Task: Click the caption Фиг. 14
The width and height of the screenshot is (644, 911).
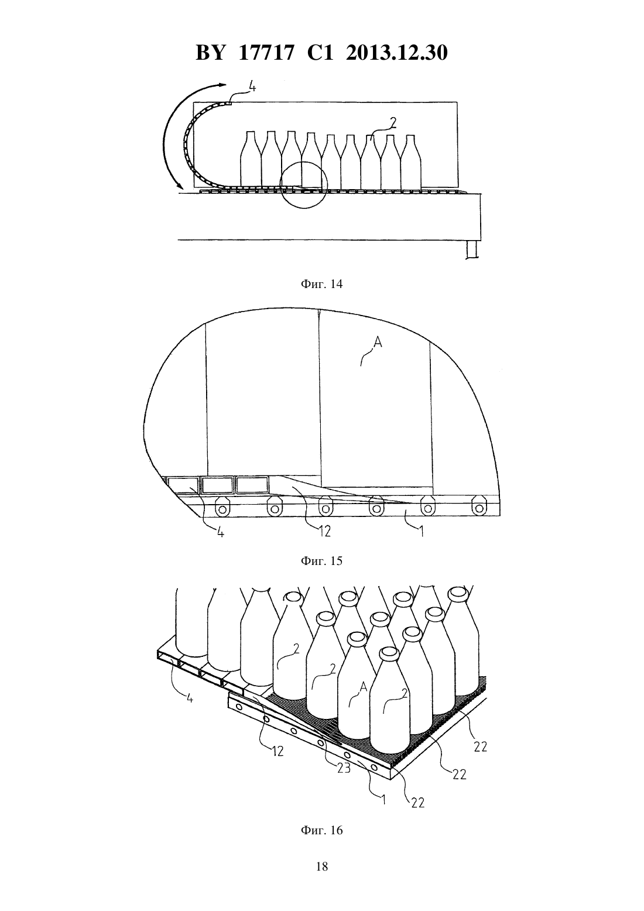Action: tap(321, 284)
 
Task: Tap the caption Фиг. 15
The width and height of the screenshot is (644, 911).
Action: tap(321, 561)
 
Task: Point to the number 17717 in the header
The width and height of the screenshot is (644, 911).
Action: tap(266, 53)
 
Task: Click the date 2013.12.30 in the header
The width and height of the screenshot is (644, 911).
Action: tap(397, 53)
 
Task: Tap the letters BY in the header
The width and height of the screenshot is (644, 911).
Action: tap(210, 53)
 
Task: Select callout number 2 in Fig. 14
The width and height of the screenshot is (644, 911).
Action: tap(393, 122)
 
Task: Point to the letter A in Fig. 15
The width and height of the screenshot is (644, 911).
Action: tap(378, 343)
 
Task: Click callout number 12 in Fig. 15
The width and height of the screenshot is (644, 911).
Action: tap(324, 530)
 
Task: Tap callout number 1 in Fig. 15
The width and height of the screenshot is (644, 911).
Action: tap(422, 531)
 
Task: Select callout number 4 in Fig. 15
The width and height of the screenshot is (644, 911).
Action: tap(220, 532)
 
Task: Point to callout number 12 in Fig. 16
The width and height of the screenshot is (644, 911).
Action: tap(278, 751)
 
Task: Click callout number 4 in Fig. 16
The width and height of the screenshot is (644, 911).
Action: tap(190, 698)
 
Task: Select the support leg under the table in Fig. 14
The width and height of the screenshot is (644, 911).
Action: tap(472, 248)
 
